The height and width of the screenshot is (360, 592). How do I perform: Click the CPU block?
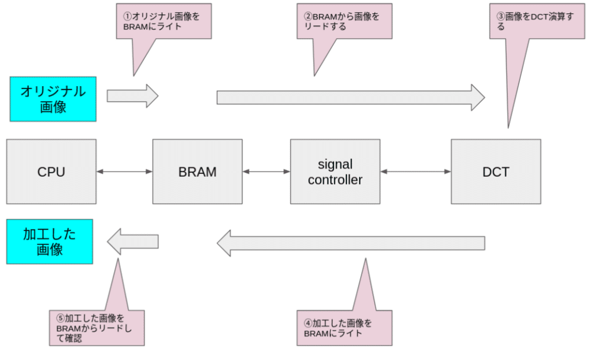[x=51, y=172]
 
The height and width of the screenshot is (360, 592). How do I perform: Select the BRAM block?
[x=197, y=172]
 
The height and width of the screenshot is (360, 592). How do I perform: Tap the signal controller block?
[x=335, y=172]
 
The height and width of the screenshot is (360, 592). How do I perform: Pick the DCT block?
[x=495, y=172]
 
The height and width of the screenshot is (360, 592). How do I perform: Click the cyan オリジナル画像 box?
[x=53, y=99]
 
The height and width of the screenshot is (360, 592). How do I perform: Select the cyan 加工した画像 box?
[x=49, y=242]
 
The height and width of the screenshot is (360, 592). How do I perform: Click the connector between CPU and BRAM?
[x=124, y=172]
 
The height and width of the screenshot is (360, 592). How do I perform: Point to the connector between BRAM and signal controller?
[x=266, y=172]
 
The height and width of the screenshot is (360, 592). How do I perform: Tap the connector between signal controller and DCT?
[x=415, y=172]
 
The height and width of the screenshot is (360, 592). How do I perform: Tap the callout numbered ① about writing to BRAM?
[x=163, y=22]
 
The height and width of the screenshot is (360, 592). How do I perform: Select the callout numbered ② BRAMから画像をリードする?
[x=345, y=22]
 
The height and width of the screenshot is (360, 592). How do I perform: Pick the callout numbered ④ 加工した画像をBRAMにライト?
[x=345, y=328]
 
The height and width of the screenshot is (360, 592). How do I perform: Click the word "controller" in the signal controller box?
[x=335, y=180]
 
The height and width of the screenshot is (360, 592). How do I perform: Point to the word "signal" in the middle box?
[x=335, y=164]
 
